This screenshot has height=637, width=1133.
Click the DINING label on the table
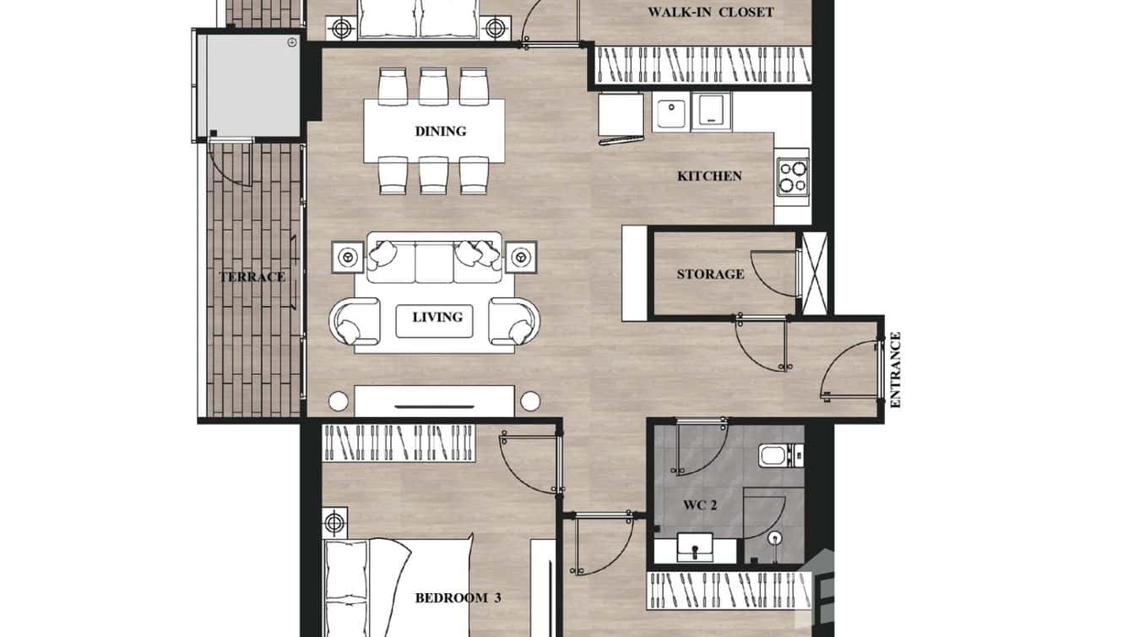[440, 131]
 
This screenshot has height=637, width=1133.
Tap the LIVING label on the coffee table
[436, 317]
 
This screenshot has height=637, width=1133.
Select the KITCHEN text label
[709, 176]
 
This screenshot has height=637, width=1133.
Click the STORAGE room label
[710, 274]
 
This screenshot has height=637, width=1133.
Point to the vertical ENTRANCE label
[896, 370]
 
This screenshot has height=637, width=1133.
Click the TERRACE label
[252, 276]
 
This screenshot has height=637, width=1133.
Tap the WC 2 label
[700, 505]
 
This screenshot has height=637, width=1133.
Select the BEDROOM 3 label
[458, 598]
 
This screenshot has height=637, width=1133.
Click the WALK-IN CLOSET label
[710, 12]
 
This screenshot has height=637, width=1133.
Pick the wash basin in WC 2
[695, 550]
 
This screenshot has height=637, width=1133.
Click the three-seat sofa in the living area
[434, 258]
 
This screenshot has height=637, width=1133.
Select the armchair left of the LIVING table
[354, 321]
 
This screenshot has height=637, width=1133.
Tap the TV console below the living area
[434, 400]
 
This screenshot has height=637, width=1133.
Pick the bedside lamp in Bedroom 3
[335, 523]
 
